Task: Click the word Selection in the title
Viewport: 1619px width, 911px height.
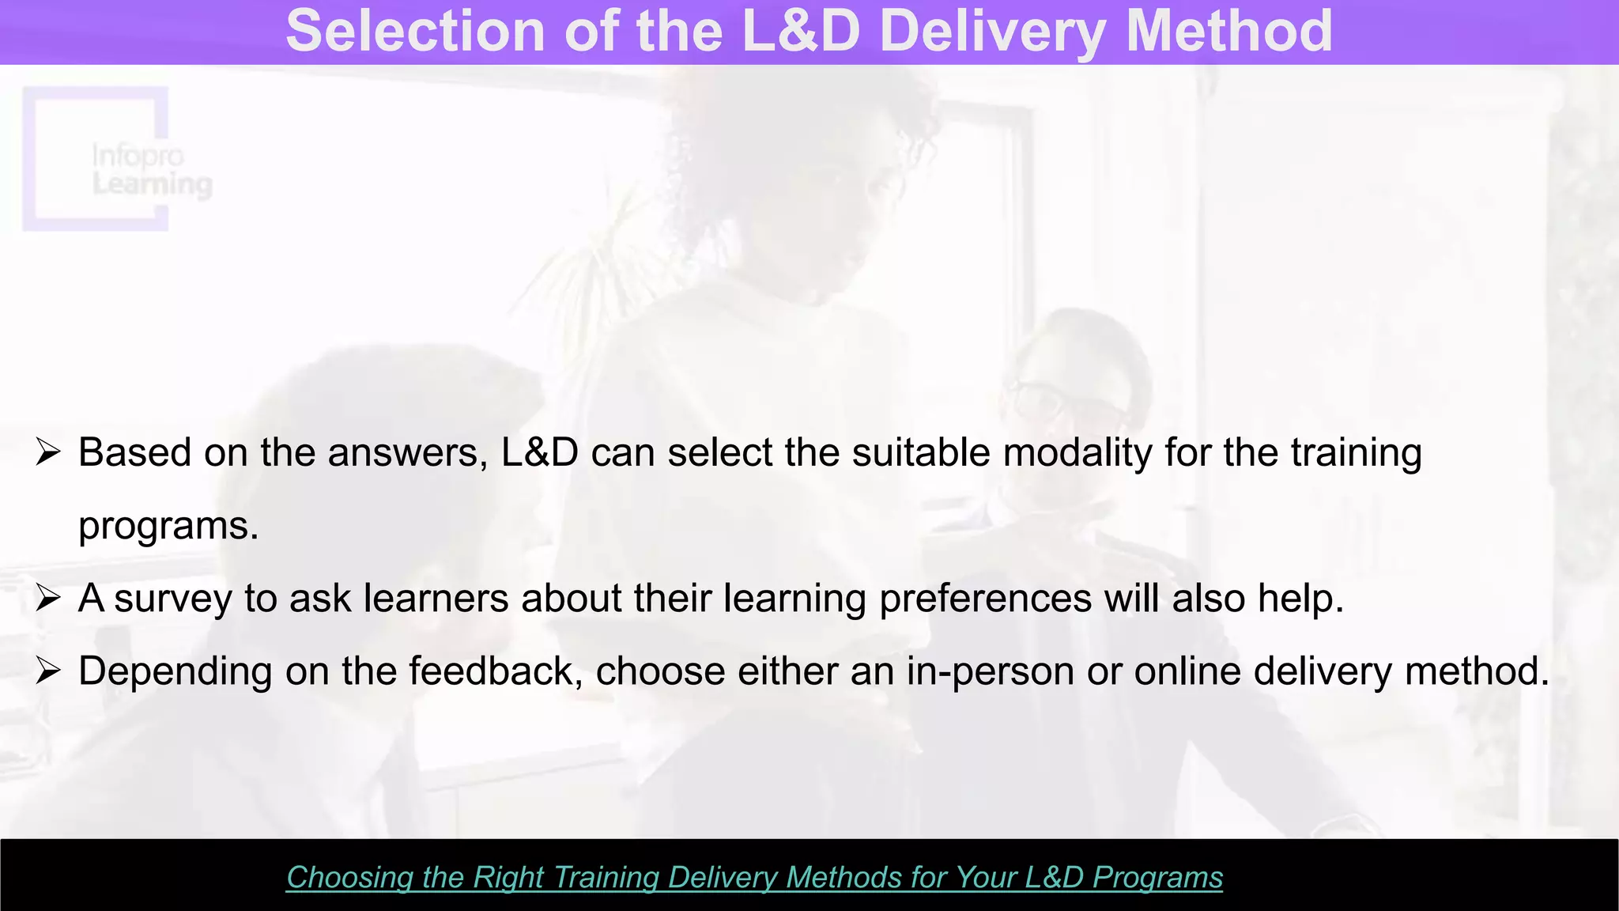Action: coord(415,31)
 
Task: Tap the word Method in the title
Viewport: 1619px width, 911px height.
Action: coord(1228,31)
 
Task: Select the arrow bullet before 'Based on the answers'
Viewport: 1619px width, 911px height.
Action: coord(48,453)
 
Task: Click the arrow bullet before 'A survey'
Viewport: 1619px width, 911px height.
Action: coord(48,599)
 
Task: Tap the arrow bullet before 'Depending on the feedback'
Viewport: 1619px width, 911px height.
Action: coord(48,671)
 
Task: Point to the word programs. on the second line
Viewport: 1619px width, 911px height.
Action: coord(168,527)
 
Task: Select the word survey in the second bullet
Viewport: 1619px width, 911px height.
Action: coord(173,599)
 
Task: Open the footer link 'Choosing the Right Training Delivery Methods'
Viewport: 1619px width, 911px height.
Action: coord(754,878)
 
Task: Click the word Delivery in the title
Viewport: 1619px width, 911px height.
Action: coord(992,31)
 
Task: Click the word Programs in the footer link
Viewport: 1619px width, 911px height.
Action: coord(1157,878)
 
